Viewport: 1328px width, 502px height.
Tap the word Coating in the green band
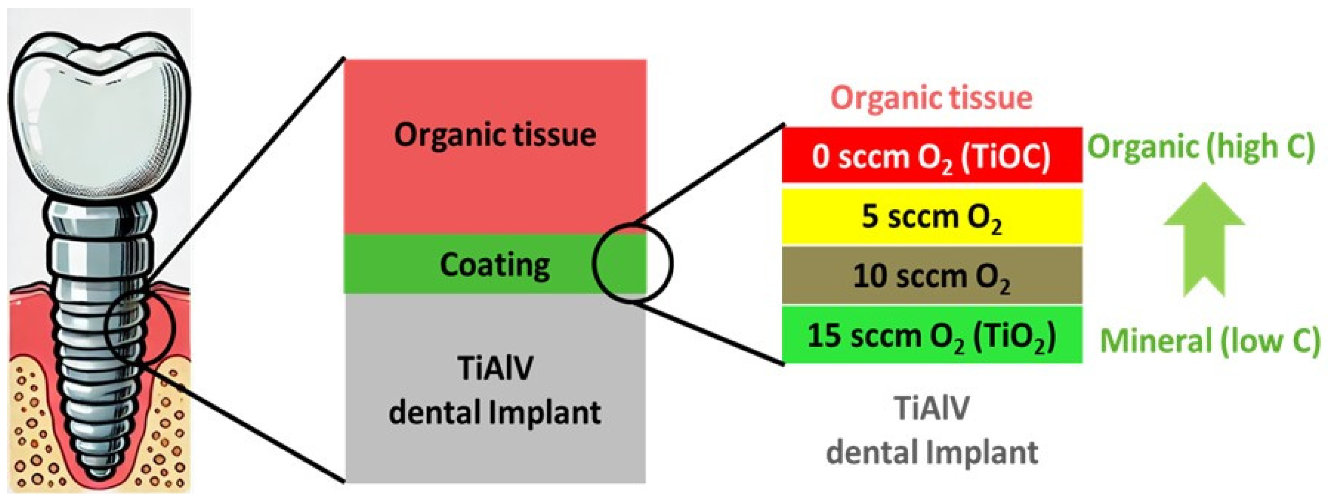494,265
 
